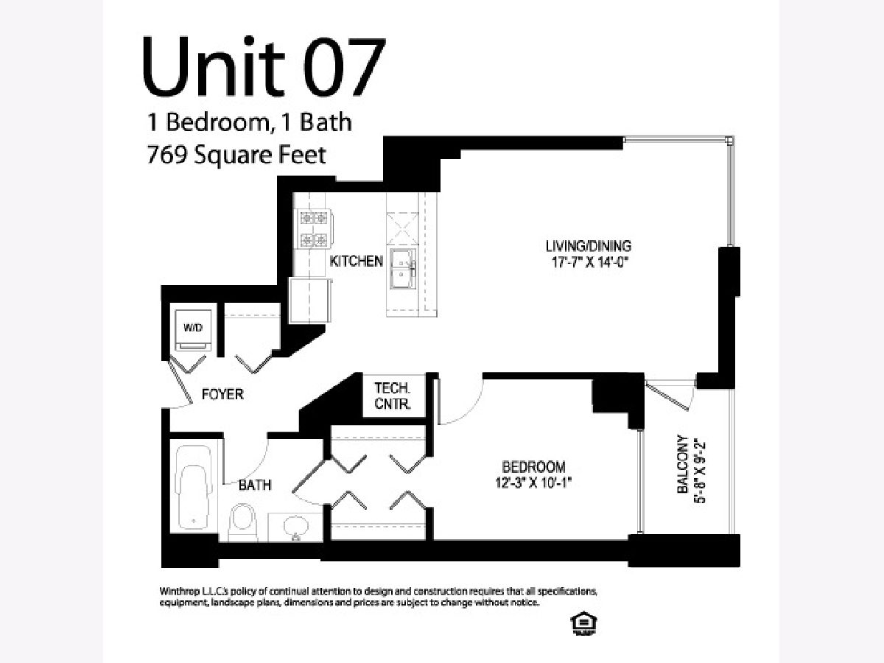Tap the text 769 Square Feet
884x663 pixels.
tap(236, 155)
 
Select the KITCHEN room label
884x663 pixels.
tap(356, 262)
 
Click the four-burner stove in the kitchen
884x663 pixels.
tap(314, 229)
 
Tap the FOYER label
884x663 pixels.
tap(222, 395)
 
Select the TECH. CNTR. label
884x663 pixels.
tap(393, 396)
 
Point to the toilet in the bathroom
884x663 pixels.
tap(243, 522)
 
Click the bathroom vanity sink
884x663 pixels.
tap(296, 527)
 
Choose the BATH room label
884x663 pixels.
tap(255, 485)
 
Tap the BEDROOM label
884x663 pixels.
tap(533, 467)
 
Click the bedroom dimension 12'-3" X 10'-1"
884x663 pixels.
tap(533, 483)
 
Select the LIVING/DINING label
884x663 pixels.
tap(589, 246)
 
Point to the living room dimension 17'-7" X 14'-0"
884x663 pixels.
tap(590, 262)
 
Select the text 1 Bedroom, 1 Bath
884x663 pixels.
tap(249, 122)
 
